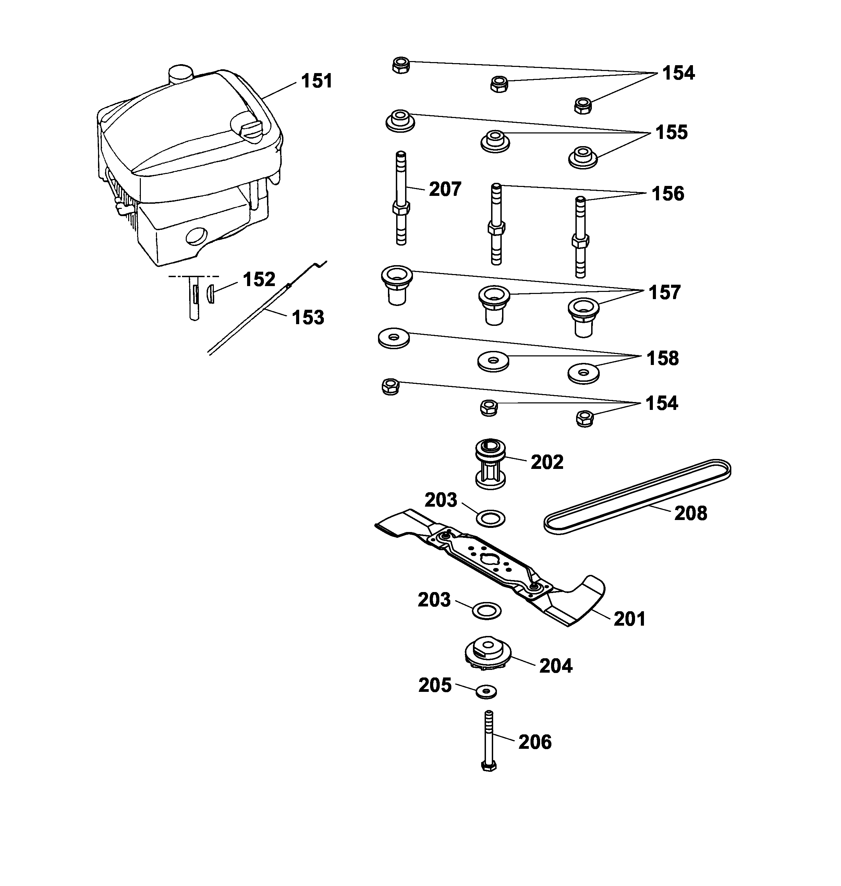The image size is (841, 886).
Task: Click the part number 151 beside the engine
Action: [x=317, y=81]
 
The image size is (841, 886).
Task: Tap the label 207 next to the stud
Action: [x=445, y=189]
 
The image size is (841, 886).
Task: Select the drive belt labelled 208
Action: [x=637, y=497]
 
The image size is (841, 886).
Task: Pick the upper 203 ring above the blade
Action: [x=490, y=519]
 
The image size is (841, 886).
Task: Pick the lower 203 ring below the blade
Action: [x=487, y=611]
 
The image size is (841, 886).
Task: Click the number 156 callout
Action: [x=668, y=194]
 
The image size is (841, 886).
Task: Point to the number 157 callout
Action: [x=665, y=293]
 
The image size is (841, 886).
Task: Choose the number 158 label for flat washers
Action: [x=662, y=358]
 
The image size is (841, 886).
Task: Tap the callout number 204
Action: [x=556, y=666]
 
